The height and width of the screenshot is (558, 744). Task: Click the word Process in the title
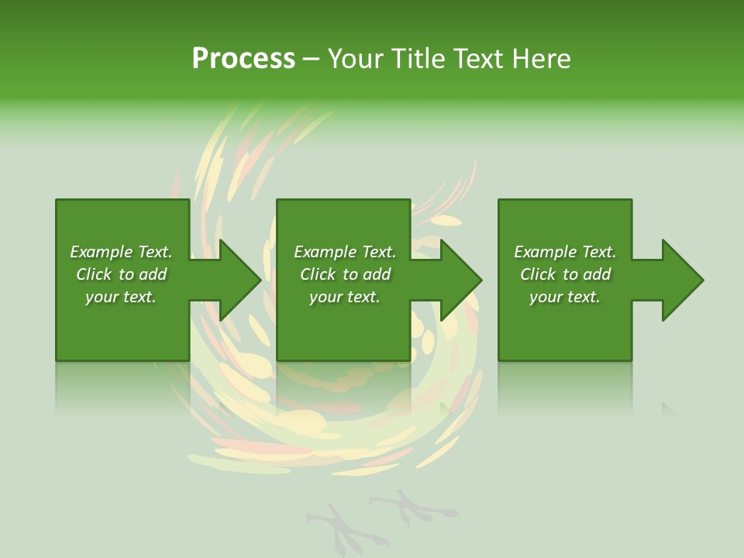point(243,59)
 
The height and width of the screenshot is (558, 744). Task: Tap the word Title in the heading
point(418,59)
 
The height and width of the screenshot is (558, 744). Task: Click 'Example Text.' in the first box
point(121,252)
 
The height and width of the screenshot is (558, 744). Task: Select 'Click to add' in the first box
point(121,274)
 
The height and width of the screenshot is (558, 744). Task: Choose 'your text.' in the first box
point(121,297)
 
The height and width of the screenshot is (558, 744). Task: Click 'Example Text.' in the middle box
point(345,252)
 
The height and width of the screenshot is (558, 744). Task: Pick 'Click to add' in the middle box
point(345,274)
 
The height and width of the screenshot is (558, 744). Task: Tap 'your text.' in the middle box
point(345,297)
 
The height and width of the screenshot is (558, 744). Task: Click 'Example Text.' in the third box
point(565,252)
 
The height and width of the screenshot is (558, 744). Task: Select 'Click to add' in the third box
point(565,274)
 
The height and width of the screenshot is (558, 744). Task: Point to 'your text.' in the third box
point(565,297)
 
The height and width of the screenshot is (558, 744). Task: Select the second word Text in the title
point(477,59)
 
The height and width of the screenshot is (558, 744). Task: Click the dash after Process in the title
point(311,59)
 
